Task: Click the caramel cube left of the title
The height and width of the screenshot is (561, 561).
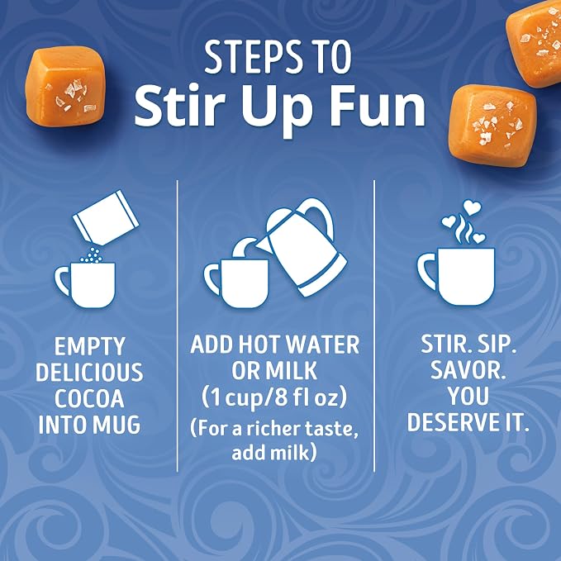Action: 65,86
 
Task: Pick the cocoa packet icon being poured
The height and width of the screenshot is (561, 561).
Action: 106,217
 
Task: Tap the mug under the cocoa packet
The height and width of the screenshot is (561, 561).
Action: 85,285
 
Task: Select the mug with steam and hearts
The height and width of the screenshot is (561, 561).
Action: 456,275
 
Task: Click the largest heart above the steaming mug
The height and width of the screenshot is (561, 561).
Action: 473,207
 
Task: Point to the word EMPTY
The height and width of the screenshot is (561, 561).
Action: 89,346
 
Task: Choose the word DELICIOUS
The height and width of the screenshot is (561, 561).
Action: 89,372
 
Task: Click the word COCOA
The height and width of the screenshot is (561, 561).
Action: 89,398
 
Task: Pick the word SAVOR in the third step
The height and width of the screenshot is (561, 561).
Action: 468,370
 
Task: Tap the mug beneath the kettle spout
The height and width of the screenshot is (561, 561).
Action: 237,283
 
